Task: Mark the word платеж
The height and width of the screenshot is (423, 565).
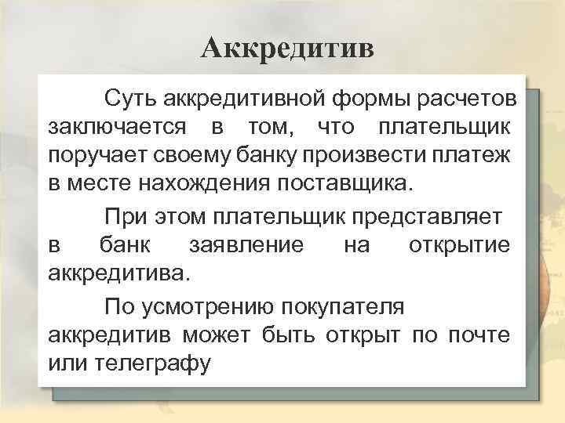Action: click(473, 156)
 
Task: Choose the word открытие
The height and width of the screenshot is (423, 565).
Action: click(460, 244)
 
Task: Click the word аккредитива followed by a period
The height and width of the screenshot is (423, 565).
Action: click(118, 273)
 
